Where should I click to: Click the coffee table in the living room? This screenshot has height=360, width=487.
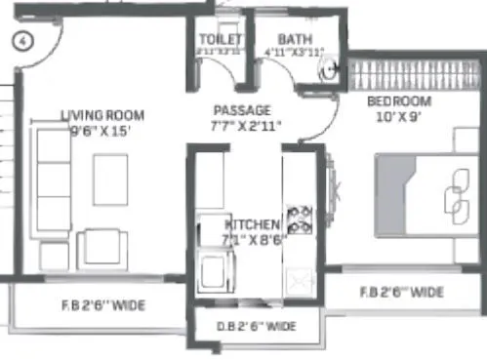(x=110, y=180)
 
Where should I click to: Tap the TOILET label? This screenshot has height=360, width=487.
(x=217, y=39)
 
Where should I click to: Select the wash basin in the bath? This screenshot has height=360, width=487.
(x=329, y=67)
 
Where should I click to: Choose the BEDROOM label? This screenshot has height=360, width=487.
(x=399, y=101)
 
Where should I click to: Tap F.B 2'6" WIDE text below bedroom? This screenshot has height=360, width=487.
(x=401, y=292)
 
